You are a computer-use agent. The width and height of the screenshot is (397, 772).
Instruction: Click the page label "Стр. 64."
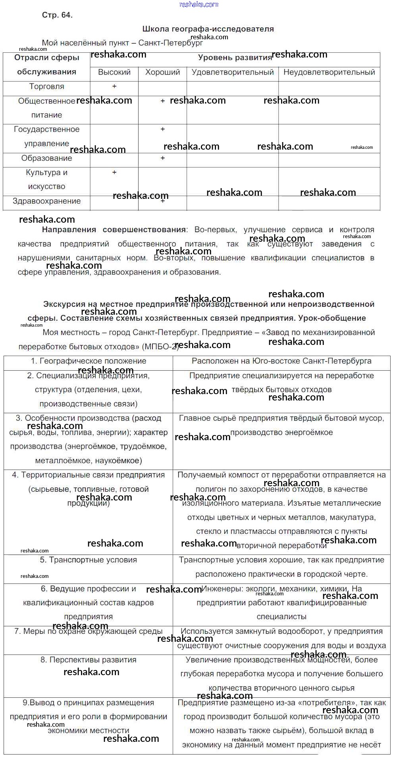coord(57,15)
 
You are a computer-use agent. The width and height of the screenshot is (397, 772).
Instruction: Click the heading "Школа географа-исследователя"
coord(208,29)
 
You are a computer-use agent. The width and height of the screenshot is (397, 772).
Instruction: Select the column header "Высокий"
coord(114,72)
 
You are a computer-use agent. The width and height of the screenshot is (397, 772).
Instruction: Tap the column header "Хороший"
coord(162,72)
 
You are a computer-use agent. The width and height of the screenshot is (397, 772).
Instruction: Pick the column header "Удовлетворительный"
coord(233,72)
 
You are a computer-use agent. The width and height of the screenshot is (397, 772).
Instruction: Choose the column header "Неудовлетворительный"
coord(329,72)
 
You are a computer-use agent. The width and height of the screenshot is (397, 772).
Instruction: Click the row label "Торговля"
coord(46,87)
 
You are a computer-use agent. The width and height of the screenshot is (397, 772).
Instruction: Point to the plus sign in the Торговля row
coord(114,86)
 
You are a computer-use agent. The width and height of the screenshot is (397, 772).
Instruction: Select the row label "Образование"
coord(46,158)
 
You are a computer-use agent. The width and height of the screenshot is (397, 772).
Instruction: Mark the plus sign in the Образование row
coord(162,158)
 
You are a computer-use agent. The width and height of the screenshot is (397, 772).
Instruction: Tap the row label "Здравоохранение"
coord(46,201)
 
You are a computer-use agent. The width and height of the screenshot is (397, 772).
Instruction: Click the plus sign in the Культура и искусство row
coord(114,172)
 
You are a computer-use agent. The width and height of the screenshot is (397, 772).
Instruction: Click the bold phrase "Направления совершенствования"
coord(114,230)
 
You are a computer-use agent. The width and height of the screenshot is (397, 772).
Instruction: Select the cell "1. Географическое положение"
coord(89,361)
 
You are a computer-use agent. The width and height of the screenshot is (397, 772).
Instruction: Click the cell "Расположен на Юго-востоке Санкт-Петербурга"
coord(281,361)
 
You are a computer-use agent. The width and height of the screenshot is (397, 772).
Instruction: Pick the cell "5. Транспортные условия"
coord(89,560)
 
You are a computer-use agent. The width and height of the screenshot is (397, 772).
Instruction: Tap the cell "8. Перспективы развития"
coord(89,660)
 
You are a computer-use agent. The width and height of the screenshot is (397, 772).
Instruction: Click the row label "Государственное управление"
coord(46,137)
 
